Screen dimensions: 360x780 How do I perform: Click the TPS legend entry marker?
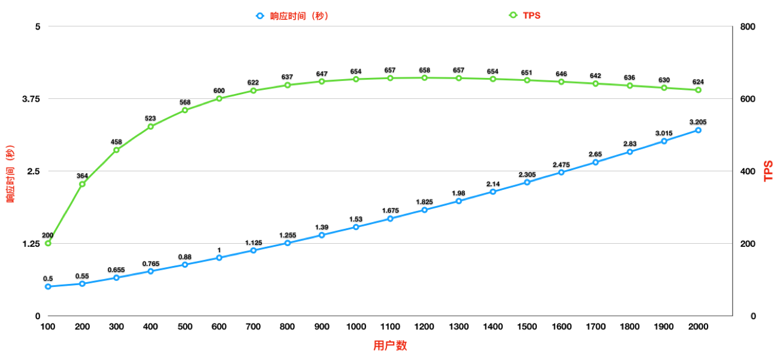513,15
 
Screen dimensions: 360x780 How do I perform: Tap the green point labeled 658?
424,78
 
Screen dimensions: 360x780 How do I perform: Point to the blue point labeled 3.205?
698,130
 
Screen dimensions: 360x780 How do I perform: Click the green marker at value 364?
82,184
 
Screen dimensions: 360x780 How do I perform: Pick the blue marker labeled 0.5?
48,286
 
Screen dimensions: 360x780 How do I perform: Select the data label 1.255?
288,235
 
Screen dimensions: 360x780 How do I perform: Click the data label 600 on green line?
219,91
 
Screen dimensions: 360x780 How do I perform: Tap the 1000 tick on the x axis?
356,326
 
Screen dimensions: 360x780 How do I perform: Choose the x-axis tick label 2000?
698,326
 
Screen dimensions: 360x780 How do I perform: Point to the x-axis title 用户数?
390,346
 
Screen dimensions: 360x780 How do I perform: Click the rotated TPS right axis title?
769,171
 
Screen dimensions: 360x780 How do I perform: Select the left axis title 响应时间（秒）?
10,174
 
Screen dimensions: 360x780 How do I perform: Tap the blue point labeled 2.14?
492,192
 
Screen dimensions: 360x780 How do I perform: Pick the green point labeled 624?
698,90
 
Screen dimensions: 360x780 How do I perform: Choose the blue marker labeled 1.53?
356,227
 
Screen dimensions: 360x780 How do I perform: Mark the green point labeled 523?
150,126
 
